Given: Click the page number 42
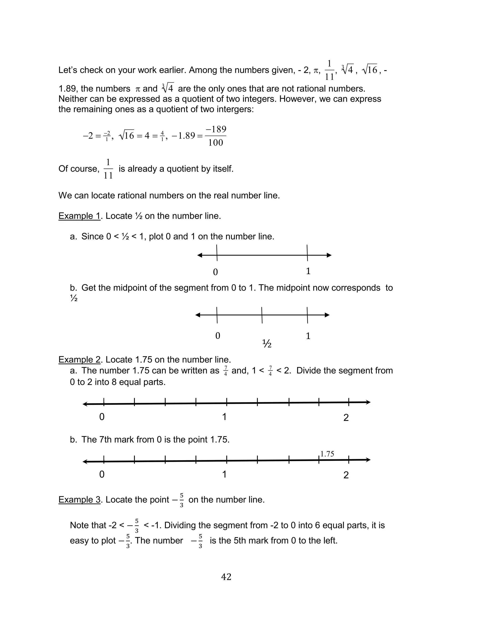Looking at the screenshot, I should [226, 576].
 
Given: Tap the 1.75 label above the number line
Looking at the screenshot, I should [327, 454].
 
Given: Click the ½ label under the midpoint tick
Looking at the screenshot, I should [267, 343].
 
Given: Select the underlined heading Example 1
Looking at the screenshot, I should [79, 216].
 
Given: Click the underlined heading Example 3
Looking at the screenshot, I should [79, 500].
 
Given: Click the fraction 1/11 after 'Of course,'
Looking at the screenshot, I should [108, 169].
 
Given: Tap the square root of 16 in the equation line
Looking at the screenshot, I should [127, 135].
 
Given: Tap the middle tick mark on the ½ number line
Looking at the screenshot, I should [262, 315].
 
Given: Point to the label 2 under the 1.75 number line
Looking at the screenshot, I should [346, 475].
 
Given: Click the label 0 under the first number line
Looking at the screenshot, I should [216, 272].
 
